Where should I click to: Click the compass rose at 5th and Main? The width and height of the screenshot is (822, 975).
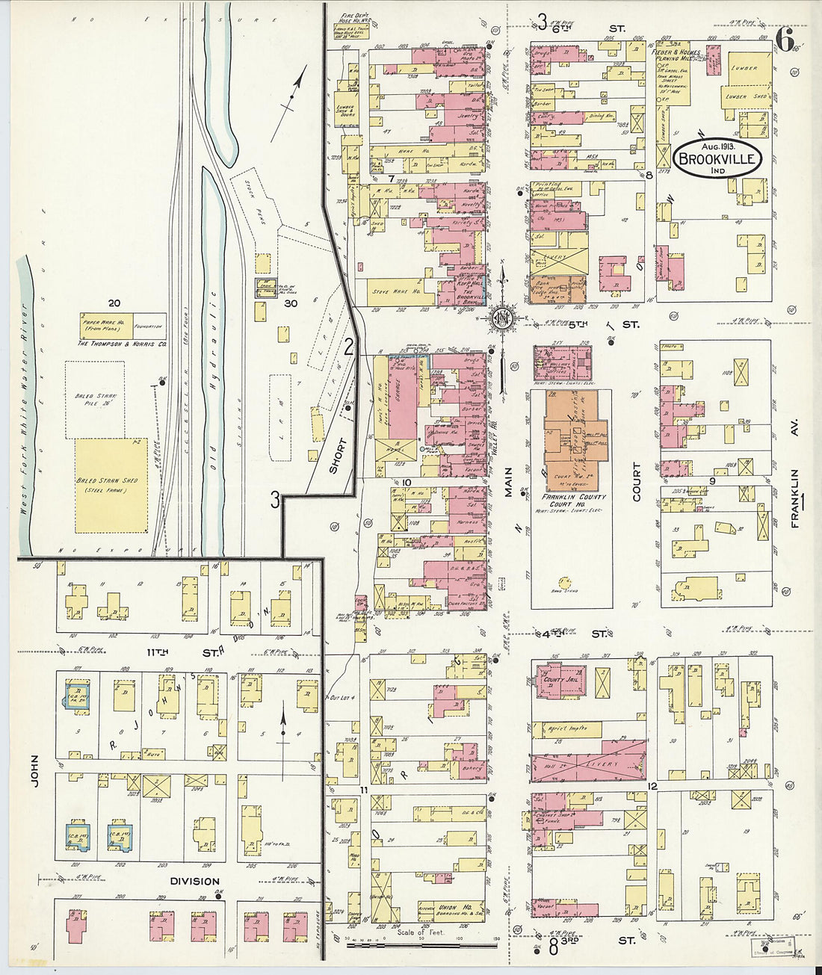[501, 321]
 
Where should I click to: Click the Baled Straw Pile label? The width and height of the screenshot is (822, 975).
[94, 400]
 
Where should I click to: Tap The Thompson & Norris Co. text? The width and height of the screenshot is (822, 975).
[121, 344]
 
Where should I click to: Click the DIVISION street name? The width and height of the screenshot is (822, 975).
[194, 881]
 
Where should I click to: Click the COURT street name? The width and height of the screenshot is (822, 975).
[637, 482]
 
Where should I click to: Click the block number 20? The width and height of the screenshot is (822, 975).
[114, 303]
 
